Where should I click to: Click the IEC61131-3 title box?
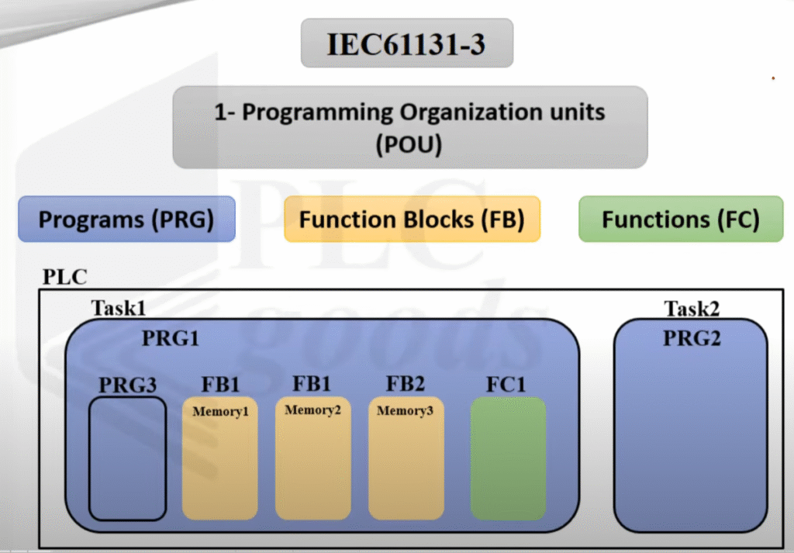click(406, 43)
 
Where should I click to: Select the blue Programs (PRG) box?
click(126, 219)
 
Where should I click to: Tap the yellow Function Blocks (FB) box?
click(412, 219)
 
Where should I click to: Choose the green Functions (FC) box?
click(681, 219)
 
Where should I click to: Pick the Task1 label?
click(118, 308)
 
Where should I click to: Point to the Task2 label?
click(692, 309)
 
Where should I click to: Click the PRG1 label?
click(171, 339)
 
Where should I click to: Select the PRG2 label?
click(691, 339)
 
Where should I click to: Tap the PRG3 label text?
click(126, 385)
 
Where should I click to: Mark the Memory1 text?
click(220, 411)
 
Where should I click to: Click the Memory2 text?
click(312, 410)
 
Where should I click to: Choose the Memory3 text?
click(405, 410)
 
